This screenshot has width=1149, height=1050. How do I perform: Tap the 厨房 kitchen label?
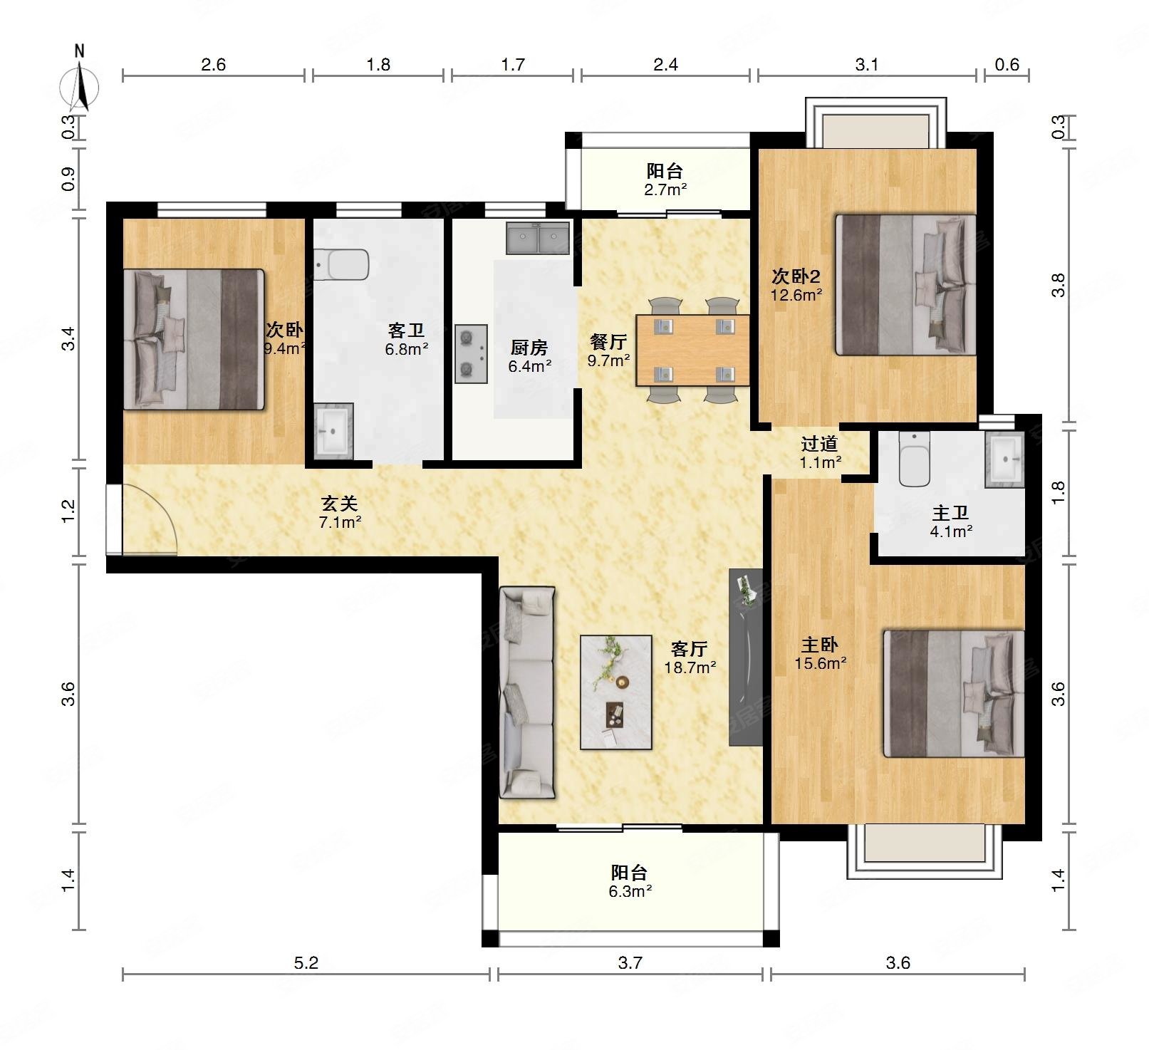[529, 348]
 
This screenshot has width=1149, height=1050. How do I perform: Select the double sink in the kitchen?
[539, 238]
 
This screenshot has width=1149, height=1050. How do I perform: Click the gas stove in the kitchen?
[472, 354]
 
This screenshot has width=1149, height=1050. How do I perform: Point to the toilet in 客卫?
[341, 264]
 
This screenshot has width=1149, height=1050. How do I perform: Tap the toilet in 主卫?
[915, 459]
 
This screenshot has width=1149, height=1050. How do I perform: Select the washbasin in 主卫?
[1005, 460]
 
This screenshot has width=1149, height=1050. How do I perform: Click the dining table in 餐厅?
[693, 350]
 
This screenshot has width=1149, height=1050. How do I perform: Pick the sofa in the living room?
[527, 692]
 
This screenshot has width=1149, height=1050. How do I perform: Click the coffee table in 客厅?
[616, 692]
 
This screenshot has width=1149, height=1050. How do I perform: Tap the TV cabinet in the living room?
[746, 657]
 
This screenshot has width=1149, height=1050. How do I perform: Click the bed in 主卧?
[954, 693]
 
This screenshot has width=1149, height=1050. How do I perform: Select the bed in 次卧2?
[905, 285]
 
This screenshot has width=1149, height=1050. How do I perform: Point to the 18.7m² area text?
[690, 667]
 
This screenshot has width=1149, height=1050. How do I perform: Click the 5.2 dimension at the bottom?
[306, 963]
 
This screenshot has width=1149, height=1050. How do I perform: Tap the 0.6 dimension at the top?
[1007, 65]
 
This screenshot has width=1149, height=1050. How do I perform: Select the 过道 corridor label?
[818, 444]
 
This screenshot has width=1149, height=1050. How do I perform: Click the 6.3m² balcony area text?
[630, 891]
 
